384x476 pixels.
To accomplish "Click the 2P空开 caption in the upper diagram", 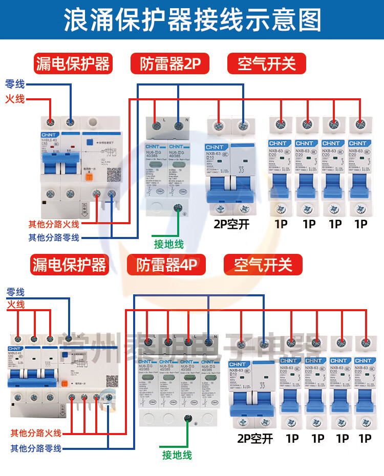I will (231, 224).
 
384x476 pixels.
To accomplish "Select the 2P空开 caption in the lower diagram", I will (254, 438).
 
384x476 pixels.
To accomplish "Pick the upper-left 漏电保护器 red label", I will (72, 64).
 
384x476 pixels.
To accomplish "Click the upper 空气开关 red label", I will (266, 64).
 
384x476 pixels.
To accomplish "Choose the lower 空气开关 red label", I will (263, 265).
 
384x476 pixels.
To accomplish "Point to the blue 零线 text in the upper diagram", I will (15, 84).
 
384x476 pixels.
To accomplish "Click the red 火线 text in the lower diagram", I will (16, 305).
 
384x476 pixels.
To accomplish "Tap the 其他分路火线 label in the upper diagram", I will (54, 224).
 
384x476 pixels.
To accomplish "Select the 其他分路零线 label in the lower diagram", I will (36, 448).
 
